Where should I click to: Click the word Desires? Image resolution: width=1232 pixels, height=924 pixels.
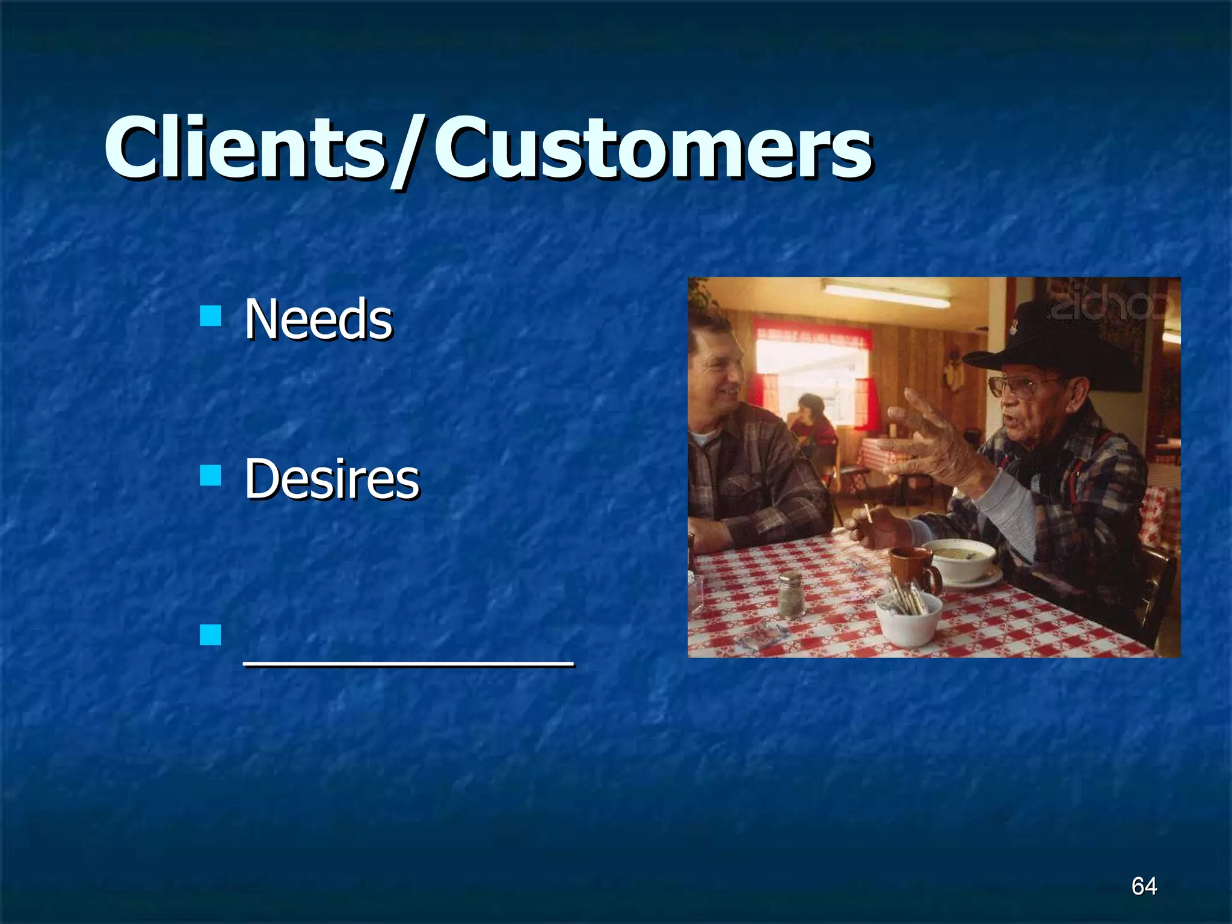tap(331, 479)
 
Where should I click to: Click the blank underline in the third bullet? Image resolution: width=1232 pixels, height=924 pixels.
tap(409, 664)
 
